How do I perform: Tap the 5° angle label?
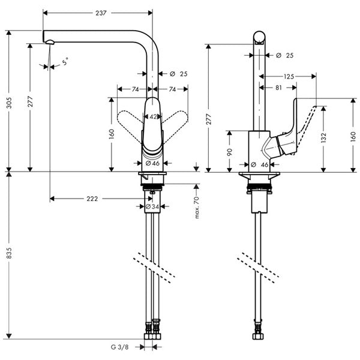click(64, 61)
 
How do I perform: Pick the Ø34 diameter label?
click(152, 207)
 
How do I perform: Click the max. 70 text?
click(196, 206)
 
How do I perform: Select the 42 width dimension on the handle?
click(153, 117)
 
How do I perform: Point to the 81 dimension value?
click(278, 88)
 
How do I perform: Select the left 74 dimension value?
click(136, 89)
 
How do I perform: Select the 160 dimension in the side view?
click(352, 135)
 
